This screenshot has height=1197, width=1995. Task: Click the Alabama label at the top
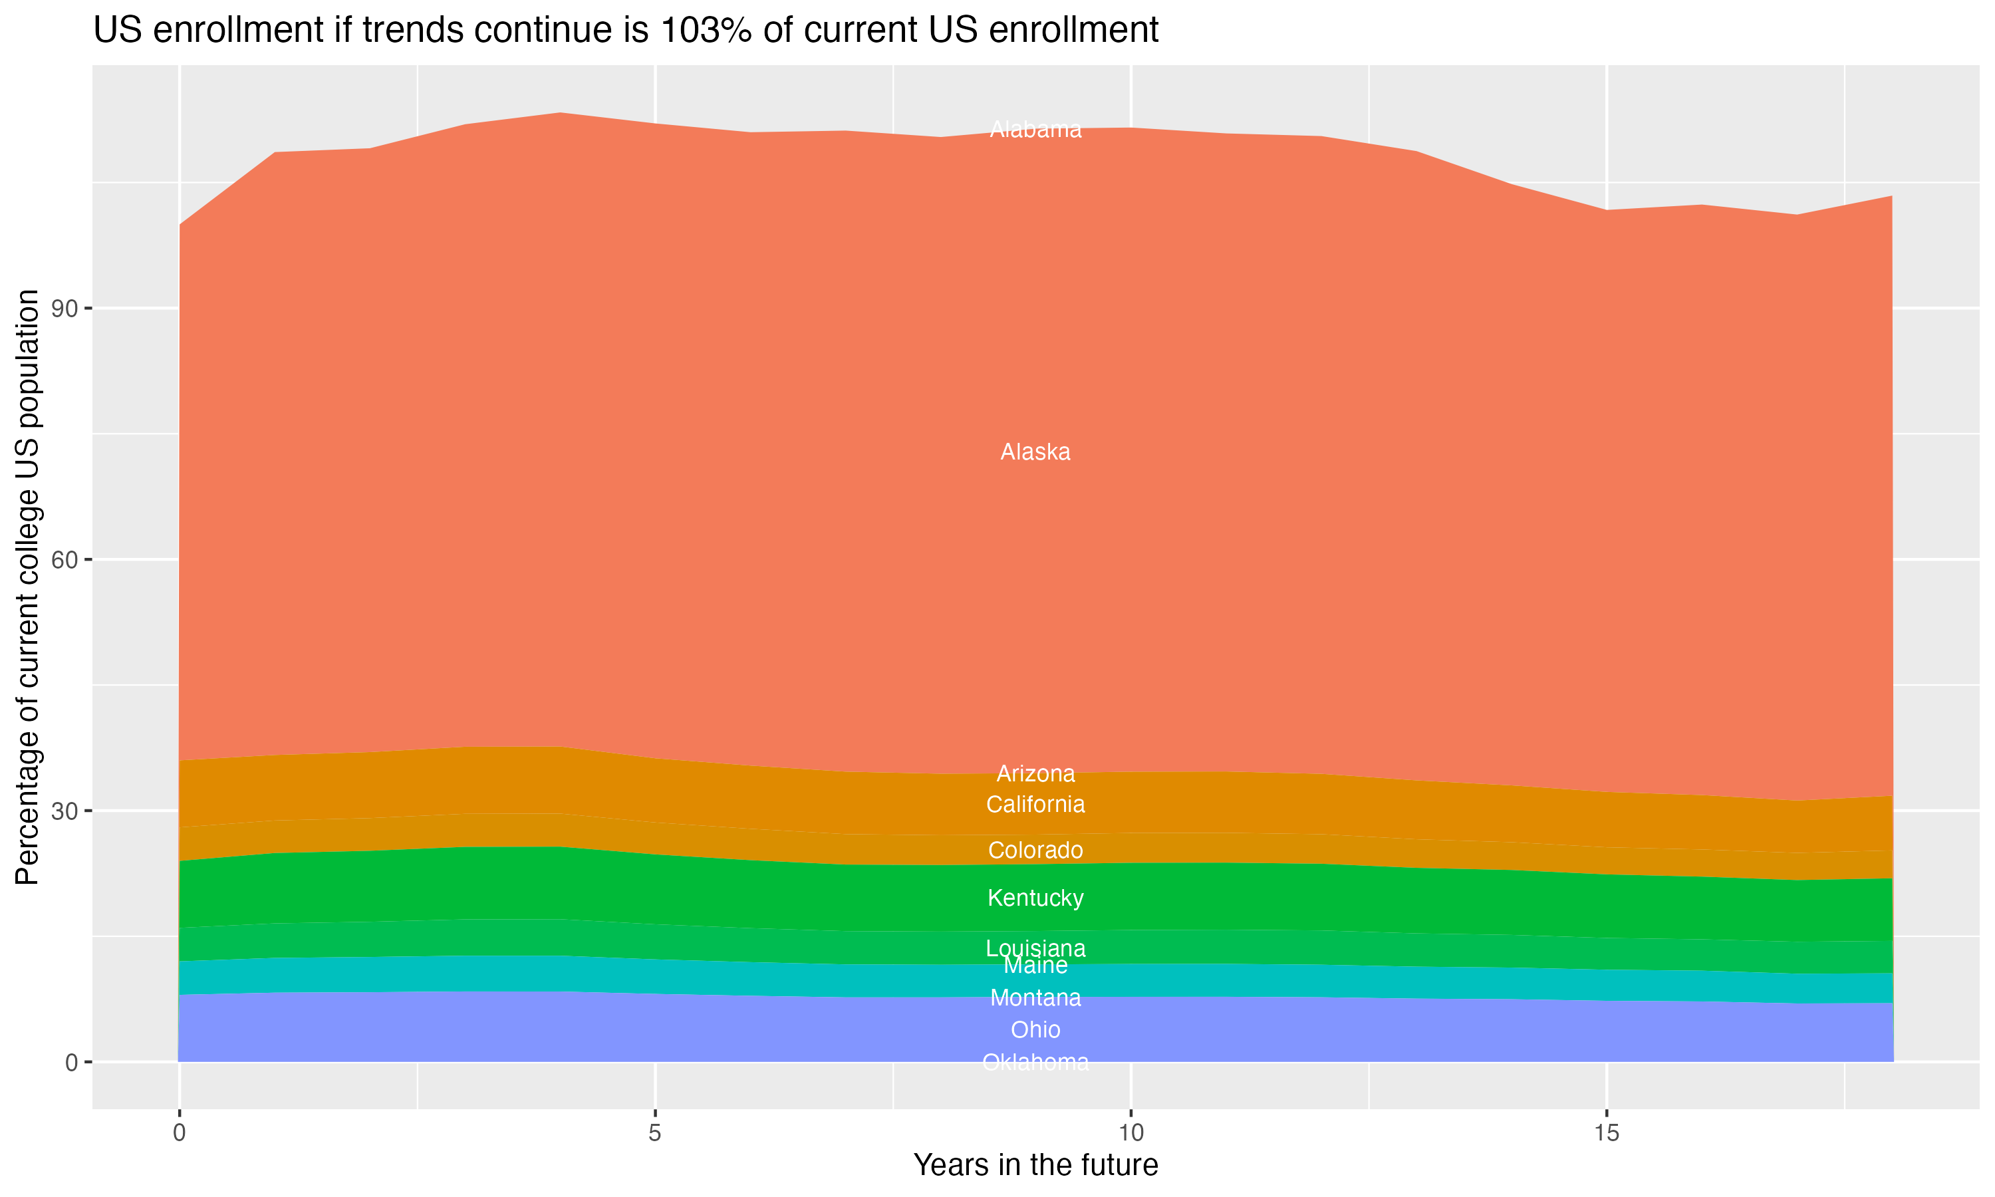(x=1035, y=130)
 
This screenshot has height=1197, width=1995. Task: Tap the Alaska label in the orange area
(x=1035, y=452)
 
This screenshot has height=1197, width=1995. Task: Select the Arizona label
(x=1035, y=774)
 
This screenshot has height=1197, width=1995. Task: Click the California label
(x=1035, y=805)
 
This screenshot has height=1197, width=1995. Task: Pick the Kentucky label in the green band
(x=1035, y=898)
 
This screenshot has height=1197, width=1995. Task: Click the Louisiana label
(x=1035, y=948)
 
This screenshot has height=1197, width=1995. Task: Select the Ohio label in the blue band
(x=1035, y=1030)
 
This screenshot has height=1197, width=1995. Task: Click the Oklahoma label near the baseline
(x=1035, y=1062)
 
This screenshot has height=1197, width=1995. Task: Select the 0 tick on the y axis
(x=71, y=1062)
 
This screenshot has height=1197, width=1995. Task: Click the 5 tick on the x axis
(x=655, y=1133)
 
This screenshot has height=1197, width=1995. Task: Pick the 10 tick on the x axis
(x=1130, y=1133)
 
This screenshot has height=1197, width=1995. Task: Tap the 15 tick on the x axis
(x=1607, y=1133)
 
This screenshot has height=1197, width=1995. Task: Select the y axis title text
(x=27, y=587)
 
